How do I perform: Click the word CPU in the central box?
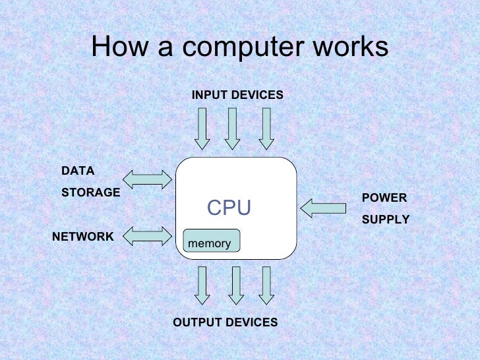pos(229,208)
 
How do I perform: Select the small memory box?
pos(211,241)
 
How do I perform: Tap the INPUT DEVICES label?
pos(237,96)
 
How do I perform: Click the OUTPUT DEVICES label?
pos(225,322)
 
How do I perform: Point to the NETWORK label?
pos(82,237)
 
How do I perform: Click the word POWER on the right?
pos(384,198)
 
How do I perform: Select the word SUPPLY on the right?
pos(386,220)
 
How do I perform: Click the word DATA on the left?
pos(78,171)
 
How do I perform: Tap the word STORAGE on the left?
pos(90,193)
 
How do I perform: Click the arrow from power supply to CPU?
pos(323,208)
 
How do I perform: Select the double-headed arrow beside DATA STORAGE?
pos(147,177)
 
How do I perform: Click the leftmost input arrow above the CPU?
pos(202,129)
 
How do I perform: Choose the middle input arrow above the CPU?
pos(232,129)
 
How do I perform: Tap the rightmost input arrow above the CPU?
pos(266,129)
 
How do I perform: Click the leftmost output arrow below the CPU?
pos(202,285)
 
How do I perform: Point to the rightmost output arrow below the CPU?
pos(266,285)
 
